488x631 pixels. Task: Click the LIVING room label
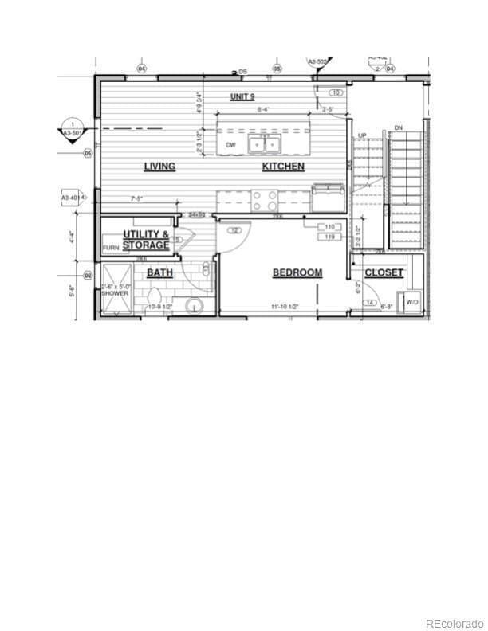159,167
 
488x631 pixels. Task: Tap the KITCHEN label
283,167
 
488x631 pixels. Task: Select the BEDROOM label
297,272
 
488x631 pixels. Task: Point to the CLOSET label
384,272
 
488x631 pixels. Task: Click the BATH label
159,272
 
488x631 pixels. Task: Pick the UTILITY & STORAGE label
146,240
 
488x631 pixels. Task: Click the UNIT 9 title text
242,96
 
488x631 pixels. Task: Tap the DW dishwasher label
230,144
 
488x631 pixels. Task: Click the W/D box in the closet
412,303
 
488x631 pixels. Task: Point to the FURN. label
111,249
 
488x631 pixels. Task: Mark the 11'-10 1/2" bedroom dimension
284,306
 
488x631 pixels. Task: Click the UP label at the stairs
361,135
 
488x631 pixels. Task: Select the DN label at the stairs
398,127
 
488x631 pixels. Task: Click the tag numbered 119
329,237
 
